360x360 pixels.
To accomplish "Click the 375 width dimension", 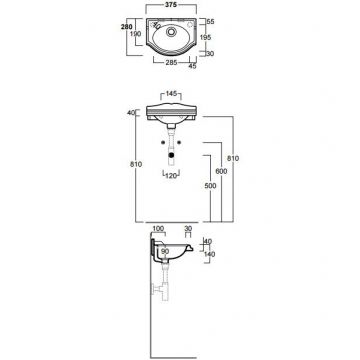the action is point(171,5).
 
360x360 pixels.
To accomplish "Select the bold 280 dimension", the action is point(126,27).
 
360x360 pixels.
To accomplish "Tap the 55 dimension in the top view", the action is point(210,22).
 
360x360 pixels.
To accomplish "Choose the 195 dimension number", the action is point(206,37).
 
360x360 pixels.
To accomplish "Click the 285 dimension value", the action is point(172,62).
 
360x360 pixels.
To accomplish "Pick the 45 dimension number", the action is point(193,66).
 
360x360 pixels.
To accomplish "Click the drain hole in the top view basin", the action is point(172,32).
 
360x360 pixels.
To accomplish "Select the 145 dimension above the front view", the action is point(171,93).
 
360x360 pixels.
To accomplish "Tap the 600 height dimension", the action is point(221,171).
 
